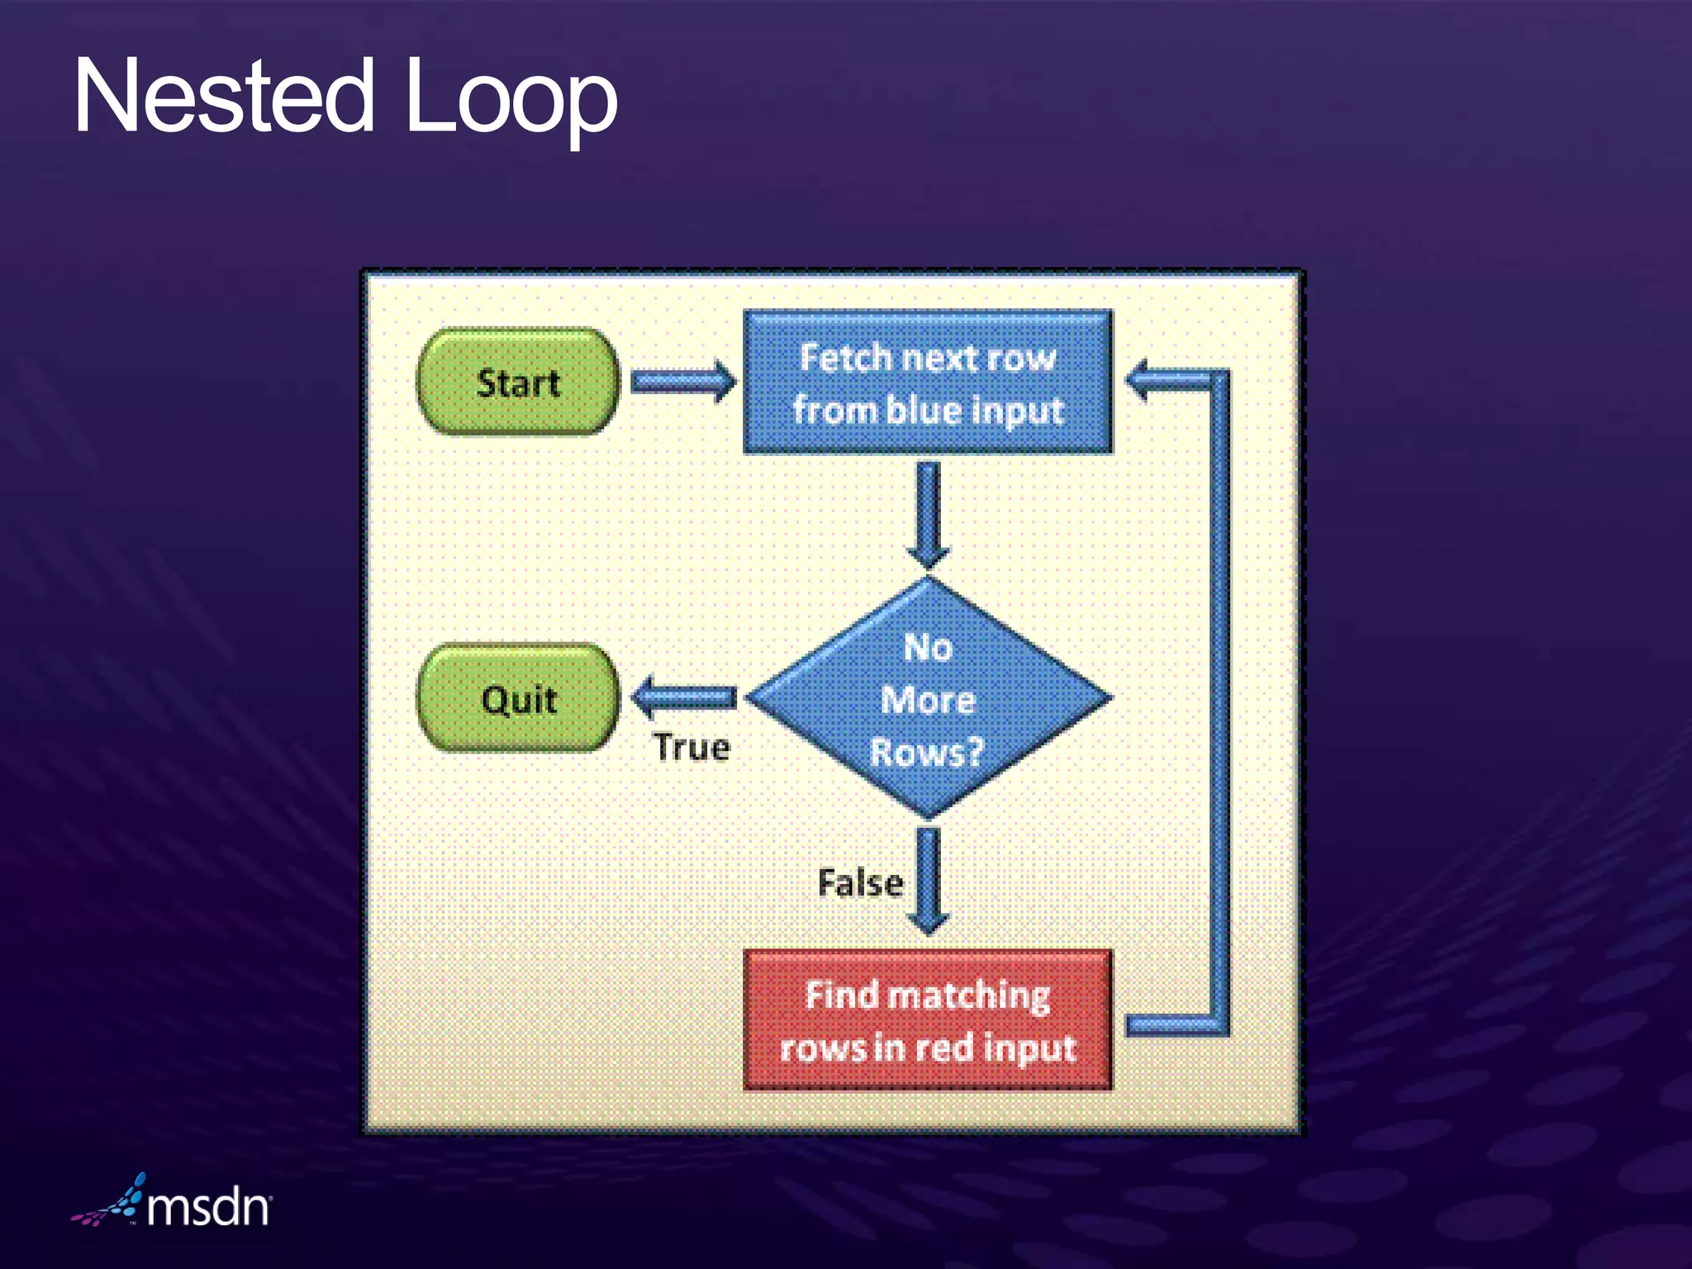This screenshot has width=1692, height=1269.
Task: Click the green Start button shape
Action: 518,383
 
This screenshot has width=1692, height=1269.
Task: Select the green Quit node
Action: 518,699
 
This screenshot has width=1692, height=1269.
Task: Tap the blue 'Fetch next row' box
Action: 927,382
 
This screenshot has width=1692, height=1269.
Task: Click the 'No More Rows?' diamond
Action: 928,698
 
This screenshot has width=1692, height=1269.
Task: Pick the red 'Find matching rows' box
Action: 927,1020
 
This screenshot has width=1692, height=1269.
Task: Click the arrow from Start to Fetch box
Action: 682,382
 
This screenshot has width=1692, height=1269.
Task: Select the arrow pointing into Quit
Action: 684,697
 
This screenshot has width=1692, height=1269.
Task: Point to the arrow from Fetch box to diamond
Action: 928,514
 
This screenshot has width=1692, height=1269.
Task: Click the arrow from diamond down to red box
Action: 928,881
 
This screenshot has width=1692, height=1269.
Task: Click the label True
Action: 692,748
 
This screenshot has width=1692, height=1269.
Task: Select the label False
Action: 860,883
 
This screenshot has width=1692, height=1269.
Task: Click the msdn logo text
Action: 208,1208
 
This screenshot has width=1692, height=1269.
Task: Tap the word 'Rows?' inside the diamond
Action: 927,752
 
